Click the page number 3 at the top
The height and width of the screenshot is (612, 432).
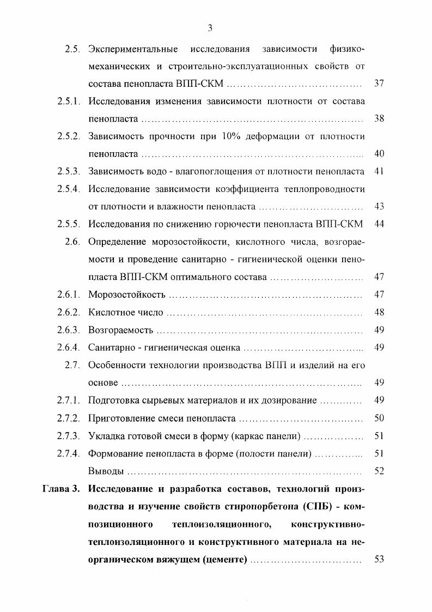tap(210, 29)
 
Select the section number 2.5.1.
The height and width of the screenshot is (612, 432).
tap(69, 101)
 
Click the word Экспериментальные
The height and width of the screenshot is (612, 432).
tap(133, 50)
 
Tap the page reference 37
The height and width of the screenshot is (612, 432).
tap(380, 84)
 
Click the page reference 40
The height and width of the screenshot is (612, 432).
tap(380, 154)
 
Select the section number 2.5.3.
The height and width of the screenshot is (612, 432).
tap(69, 171)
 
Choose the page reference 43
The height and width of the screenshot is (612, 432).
tap(380, 207)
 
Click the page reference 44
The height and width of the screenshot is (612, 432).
tap(380, 224)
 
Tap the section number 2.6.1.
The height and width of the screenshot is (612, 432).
tap(69, 295)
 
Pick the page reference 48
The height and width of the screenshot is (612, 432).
tap(380, 313)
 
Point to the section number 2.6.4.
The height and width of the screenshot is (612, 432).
tap(69, 347)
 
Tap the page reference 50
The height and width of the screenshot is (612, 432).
tap(380, 418)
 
